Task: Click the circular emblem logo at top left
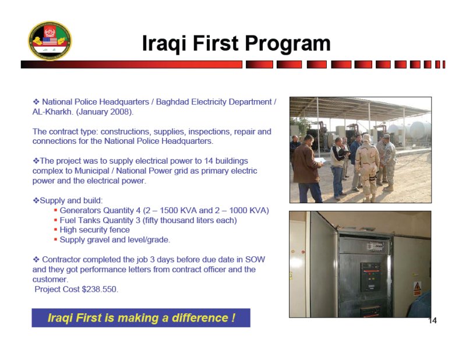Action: coord(50,40)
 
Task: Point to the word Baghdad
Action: coord(172,102)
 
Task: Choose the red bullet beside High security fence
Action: coord(55,230)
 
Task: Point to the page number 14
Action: coord(432,320)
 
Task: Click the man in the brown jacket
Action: coord(307,169)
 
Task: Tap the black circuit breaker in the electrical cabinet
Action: coord(370,277)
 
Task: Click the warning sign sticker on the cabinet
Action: coord(417,288)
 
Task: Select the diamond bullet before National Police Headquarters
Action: coord(36,102)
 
